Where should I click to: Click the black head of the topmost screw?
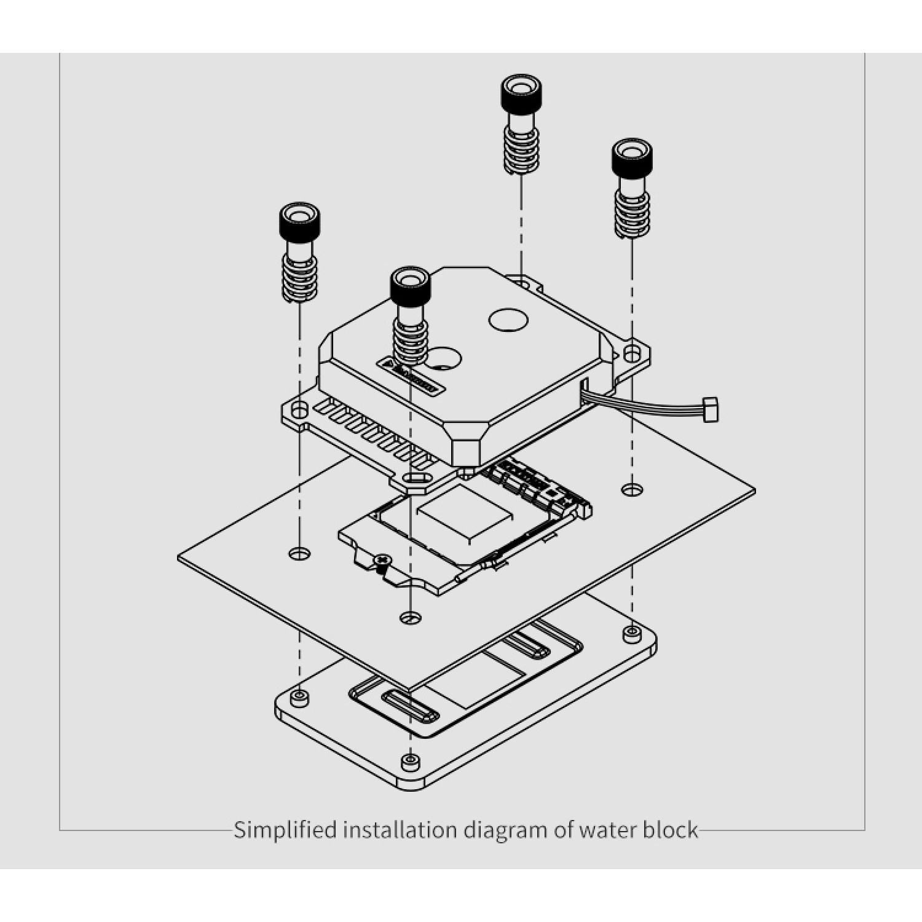tap(521, 92)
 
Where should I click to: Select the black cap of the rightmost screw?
tap(631, 157)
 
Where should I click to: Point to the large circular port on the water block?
tap(508, 319)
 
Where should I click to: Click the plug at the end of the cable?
tap(711, 409)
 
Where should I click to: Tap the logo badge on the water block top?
tap(409, 376)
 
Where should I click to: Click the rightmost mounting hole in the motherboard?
tap(632, 490)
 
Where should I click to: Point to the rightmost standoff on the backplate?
tap(631, 632)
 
